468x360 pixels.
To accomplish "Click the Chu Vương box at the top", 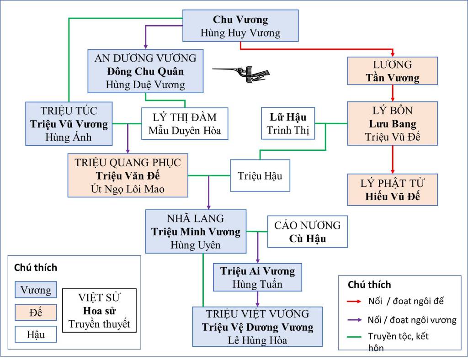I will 240,26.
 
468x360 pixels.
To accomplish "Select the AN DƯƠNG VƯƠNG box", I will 145,71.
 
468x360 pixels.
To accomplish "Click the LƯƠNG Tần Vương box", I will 393,71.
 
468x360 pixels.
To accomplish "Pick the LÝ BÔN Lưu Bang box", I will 393,123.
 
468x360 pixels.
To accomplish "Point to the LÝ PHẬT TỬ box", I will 393,190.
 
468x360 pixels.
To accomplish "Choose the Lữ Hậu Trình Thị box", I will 288,123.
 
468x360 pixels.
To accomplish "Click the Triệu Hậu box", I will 260,176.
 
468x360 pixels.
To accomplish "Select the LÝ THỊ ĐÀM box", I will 185,124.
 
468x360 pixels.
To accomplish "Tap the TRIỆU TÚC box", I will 69,123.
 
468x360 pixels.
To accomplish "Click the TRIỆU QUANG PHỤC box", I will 128,175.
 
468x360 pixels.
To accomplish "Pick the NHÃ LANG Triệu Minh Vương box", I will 196,232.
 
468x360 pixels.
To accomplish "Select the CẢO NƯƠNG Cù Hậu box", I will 307,232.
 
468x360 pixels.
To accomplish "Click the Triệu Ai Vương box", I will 258,277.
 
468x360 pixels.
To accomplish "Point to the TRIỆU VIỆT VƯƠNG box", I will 258,327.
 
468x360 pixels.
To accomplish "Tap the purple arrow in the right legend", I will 355,320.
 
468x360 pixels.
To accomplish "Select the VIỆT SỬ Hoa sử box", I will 99,311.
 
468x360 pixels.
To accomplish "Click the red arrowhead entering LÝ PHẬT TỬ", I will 393,170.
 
